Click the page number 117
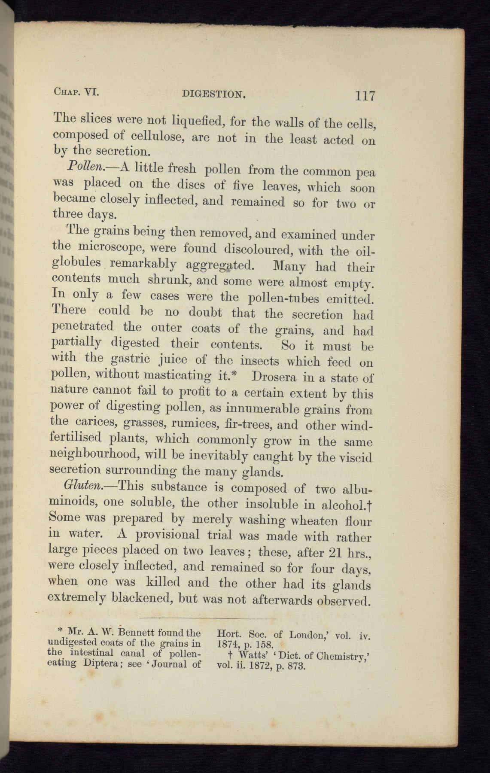365,95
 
